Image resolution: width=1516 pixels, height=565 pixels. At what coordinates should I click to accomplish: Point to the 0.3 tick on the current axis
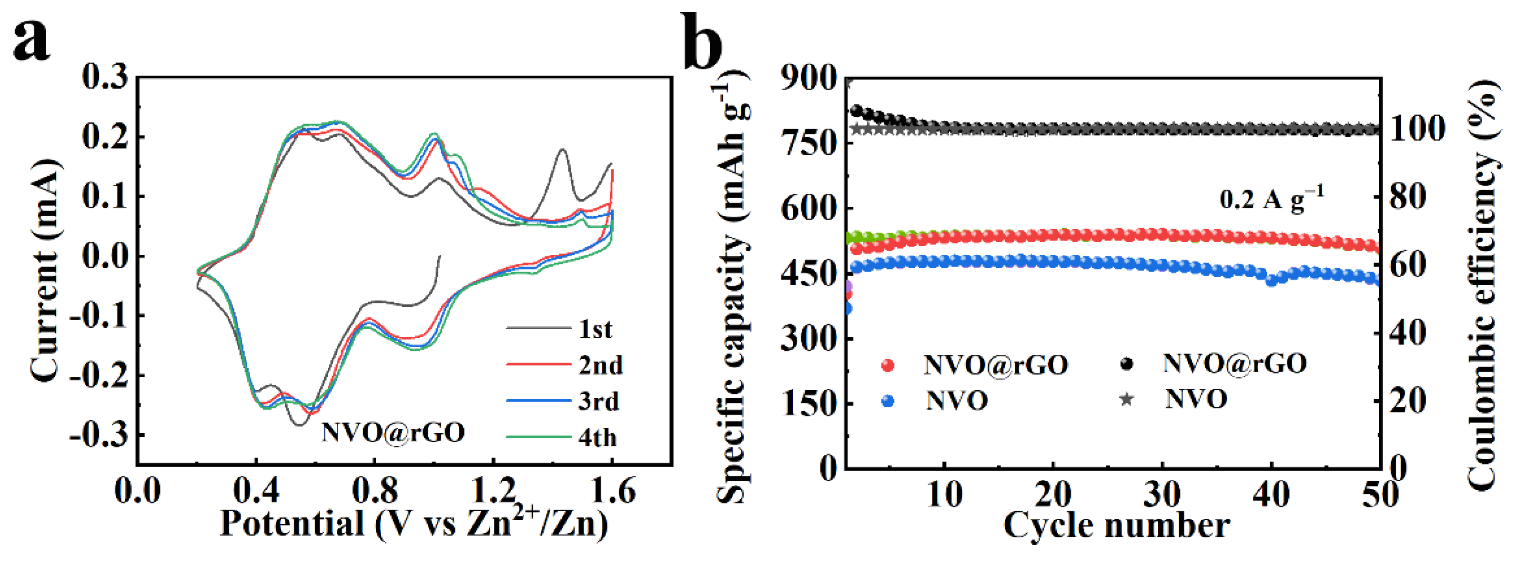[x=105, y=77]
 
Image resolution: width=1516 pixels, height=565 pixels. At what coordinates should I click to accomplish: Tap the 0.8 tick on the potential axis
[x=375, y=490]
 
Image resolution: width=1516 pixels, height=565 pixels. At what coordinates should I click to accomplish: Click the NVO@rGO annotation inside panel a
[x=393, y=433]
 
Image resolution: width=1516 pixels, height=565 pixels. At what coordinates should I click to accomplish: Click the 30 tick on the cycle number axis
[x=1162, y=494]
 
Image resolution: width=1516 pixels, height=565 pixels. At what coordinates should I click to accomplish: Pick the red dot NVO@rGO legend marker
[x=888, y=365]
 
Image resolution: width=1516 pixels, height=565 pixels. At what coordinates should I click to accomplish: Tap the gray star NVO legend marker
[x=1126, y=400]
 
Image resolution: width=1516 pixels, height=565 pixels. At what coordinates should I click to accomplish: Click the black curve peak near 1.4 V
[x=563, y=150]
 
